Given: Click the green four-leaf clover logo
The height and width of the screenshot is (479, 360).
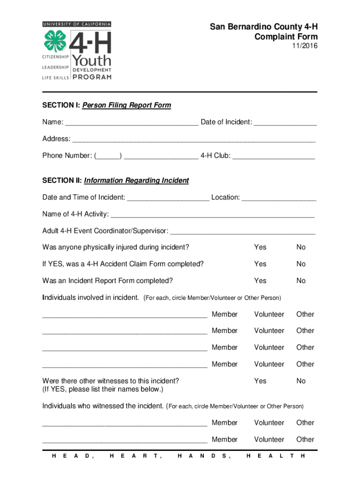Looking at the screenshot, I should coord(56,41).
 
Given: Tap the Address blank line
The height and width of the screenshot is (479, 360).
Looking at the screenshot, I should coord(194,140).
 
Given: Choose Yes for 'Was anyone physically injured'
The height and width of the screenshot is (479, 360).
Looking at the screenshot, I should coord(260,247).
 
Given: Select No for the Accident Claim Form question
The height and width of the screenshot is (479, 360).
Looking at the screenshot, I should coord(301,264).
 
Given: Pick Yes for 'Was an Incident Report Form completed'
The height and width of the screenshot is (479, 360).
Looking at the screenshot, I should coord(260,281).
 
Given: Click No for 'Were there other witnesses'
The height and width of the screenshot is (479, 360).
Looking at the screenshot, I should coord(301,381).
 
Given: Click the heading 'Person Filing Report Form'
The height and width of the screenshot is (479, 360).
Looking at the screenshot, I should coord(127,105).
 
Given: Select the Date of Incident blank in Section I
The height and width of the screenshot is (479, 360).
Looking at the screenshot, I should coord(285,123).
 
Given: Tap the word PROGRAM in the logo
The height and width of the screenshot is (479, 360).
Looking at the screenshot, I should coord(92,77).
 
